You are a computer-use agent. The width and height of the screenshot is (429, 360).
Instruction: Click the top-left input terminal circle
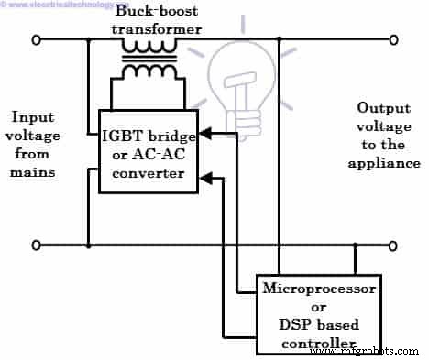pos(38,40)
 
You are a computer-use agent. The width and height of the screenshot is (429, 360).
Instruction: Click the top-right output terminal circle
pos(395,40)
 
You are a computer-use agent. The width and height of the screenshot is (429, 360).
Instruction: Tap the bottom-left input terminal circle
pos(38,246)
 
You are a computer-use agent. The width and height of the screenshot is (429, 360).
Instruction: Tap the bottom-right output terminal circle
pos(395,246)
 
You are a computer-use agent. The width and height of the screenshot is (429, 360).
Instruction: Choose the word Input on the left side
pos(33,117)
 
